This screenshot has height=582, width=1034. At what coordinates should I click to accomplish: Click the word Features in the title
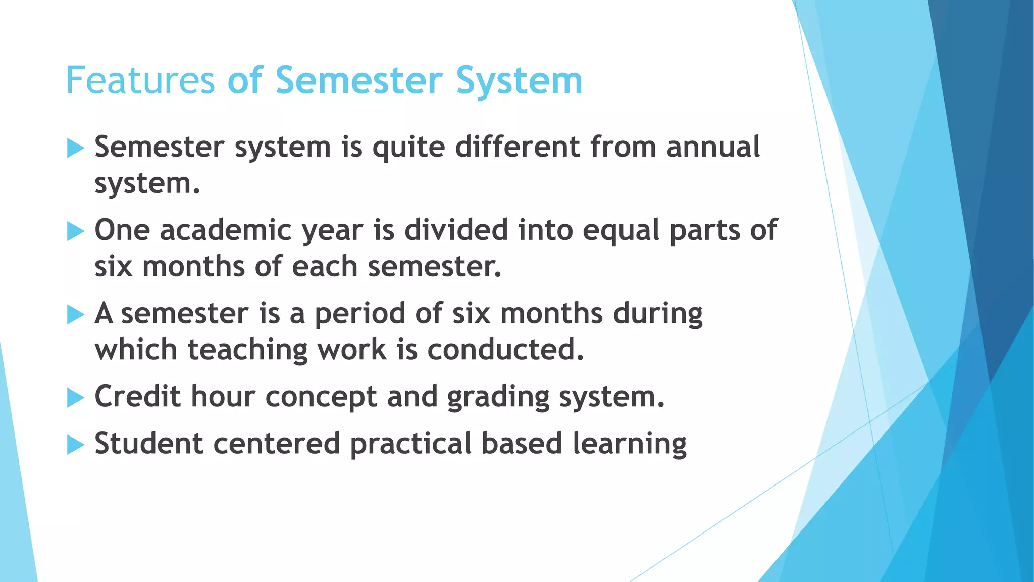point(140,81)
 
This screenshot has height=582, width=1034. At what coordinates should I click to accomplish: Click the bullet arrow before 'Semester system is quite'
point(75,149)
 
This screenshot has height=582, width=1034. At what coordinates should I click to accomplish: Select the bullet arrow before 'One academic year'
point(75,232)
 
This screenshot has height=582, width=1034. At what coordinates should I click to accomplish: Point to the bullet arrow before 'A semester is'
point(75,315)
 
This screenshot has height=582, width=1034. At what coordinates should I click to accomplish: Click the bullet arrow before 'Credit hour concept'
point(75,398)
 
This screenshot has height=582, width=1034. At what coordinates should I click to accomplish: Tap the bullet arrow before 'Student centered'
point(75,445)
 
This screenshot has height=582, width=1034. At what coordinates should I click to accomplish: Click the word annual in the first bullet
point(713,147)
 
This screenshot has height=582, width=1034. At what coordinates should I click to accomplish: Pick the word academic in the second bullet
point(226,230)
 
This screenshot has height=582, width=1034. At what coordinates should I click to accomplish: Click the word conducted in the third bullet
point(505,350)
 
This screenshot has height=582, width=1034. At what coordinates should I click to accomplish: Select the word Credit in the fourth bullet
point(137,396)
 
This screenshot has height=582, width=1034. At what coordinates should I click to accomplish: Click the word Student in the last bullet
point(148,443)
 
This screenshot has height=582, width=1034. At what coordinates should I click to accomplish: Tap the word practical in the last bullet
point(410,444)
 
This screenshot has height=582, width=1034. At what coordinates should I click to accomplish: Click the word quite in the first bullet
point(408,148)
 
